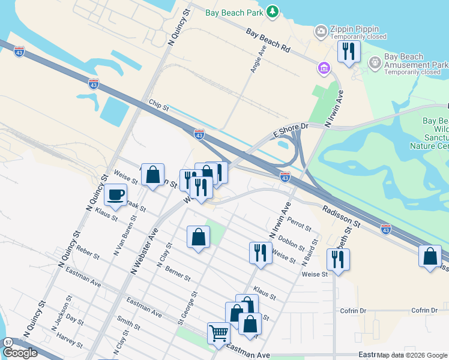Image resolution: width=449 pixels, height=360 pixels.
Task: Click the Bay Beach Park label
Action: click(235, 11)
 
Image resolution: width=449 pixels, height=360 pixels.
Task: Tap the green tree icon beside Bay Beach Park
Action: click(273, 11)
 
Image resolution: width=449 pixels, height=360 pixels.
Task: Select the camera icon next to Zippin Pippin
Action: click(321, 31)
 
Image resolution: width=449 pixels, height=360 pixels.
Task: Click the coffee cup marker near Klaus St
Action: click(115, 194)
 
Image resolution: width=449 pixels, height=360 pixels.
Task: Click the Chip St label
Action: click(159, 108)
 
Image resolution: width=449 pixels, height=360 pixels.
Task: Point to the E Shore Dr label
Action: click(291, 127)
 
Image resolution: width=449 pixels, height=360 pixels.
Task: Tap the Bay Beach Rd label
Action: click(267, 41)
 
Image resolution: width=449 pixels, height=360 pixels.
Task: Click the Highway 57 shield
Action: click(8, 342)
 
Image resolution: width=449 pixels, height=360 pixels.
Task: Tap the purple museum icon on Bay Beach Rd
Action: click(324, 68)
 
